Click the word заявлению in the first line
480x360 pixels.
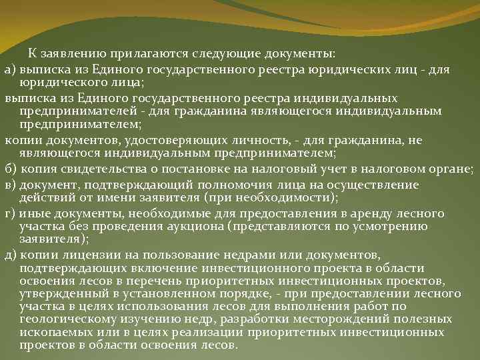click(67, 53)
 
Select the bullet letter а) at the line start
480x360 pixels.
click(11, 68)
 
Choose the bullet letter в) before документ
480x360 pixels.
click(11, 184)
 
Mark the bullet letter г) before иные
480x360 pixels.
click(10, 213)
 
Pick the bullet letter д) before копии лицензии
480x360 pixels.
click(11, 256)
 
